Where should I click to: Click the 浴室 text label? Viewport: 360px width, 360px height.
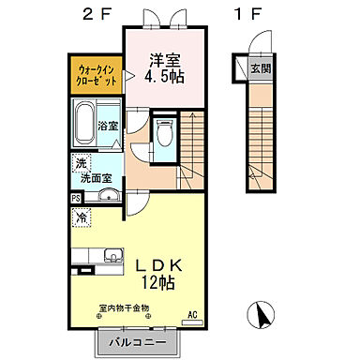(x=106, y=126)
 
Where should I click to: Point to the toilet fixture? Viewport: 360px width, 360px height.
(x=166, y=134)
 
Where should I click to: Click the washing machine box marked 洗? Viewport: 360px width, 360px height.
(x=81, y=162)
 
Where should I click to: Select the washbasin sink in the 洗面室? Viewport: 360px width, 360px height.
(x=107, y=195)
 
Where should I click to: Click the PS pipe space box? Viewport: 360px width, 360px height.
(x=75, y=199)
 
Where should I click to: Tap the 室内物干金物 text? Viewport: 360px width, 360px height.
(x=123, y=307)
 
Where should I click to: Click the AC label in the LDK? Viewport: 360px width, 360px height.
(x=193, y=315)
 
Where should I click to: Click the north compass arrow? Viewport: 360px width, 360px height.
(x=258, y=316)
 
